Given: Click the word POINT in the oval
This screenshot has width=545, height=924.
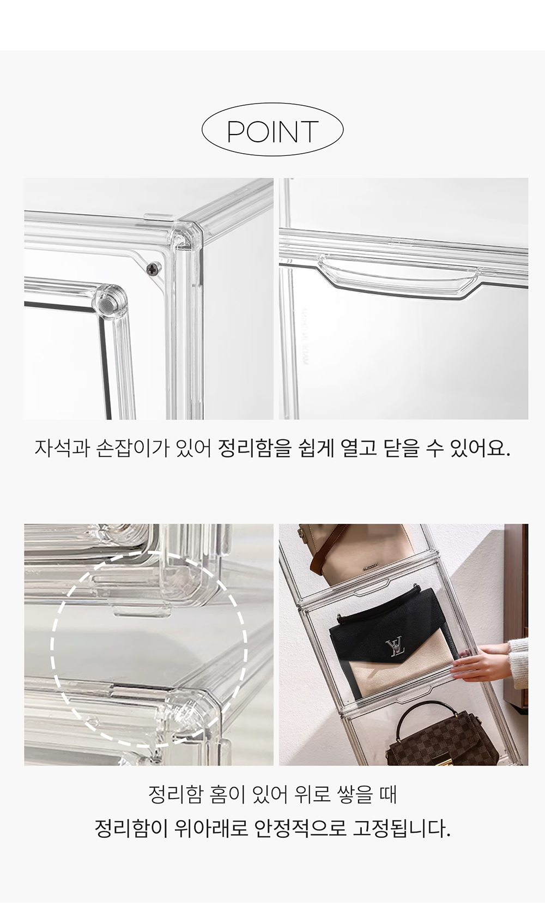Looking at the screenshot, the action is (x=272, y=131).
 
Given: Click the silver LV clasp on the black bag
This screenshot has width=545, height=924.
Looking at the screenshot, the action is (x=395, y=648).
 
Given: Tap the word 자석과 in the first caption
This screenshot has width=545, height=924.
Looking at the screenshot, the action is (x=62, y=449).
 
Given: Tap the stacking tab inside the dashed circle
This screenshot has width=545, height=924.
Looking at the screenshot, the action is (x=142, y=610).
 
